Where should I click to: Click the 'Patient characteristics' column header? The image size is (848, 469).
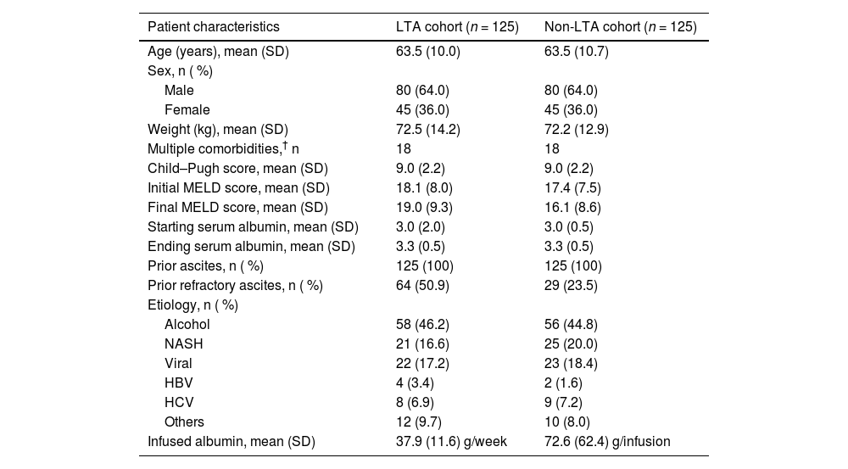click(x=213, y=27)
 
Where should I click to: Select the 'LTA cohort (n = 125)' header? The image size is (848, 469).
click(x=457, y=27)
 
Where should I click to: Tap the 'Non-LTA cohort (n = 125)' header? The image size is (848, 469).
click(x=620, y=27)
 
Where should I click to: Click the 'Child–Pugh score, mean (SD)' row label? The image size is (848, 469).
click(x=237, y=168)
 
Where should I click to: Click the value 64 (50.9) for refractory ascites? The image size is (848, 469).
click(x=422, y=285)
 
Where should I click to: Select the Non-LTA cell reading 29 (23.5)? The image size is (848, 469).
click(x=571, y=285)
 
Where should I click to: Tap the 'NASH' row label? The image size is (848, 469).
click(x=184, y=343)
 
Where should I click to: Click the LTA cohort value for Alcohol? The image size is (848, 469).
click(x=422, y=324)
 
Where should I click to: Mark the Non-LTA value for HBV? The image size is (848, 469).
click(x=564, y=382)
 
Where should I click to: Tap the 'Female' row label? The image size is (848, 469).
click(x=187, y=109)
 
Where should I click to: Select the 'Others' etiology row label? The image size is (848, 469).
click(x=184, y=422)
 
